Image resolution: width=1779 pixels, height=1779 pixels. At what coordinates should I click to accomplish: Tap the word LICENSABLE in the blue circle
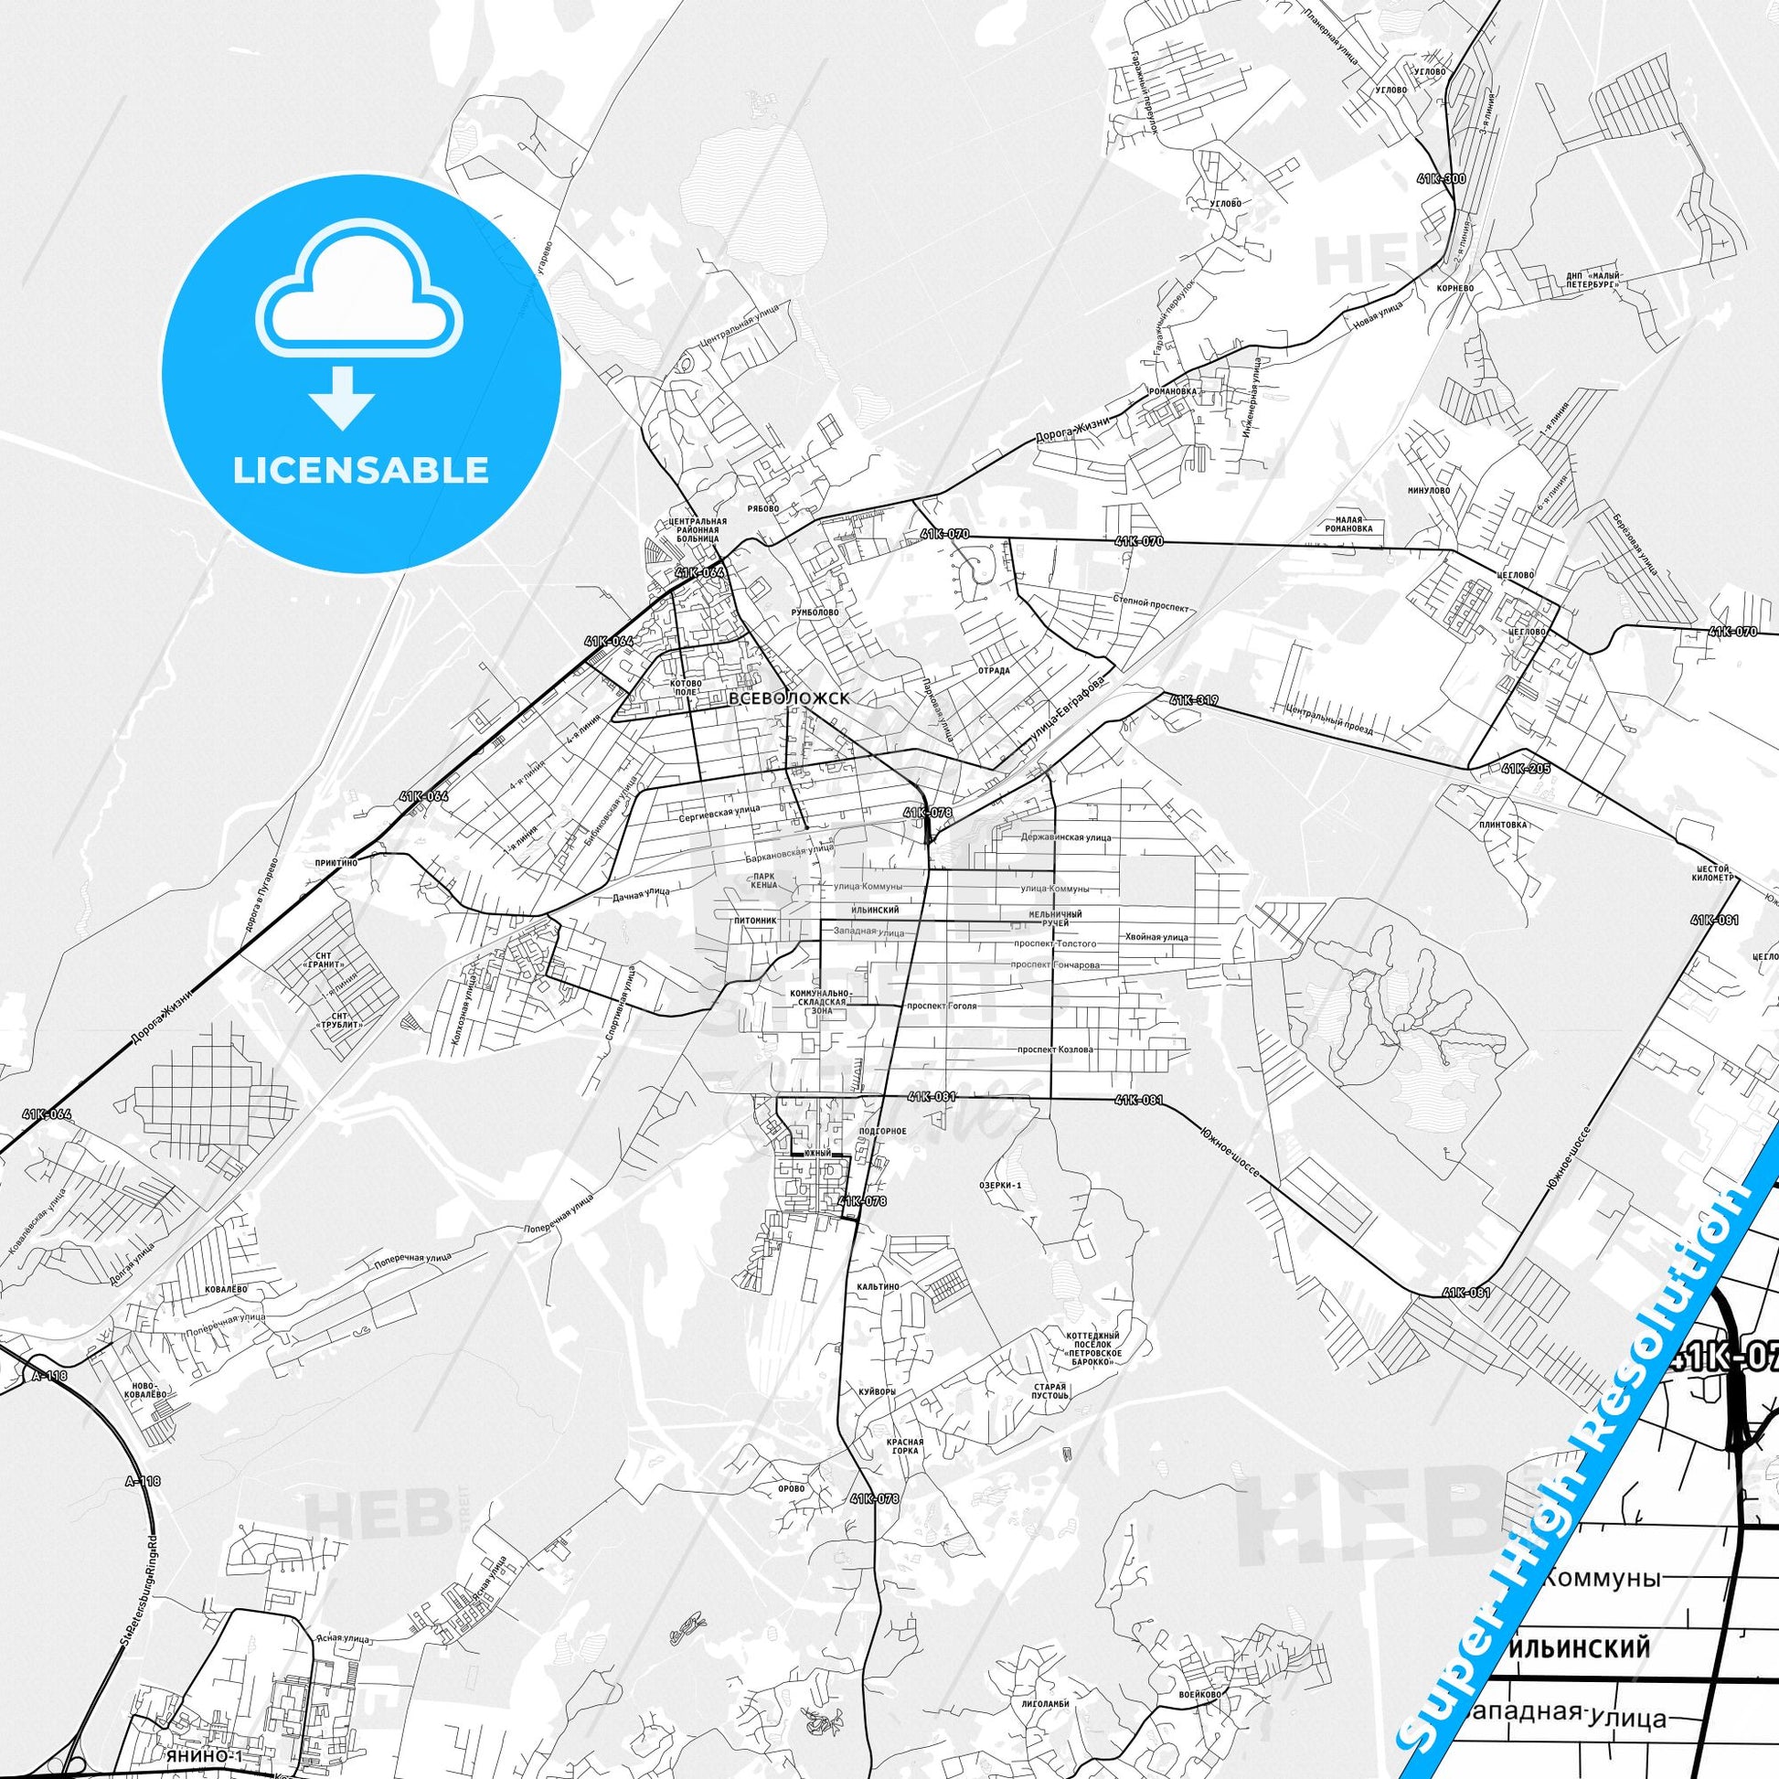[360, 470]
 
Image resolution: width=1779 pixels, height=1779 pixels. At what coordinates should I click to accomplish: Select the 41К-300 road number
[1441, 178]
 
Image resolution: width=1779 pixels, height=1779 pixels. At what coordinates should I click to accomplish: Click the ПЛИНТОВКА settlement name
[1502, 824]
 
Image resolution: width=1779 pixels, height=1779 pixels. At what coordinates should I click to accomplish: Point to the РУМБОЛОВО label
[814, 612]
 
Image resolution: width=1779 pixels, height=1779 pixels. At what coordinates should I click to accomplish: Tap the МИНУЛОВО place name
[1428, 491]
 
